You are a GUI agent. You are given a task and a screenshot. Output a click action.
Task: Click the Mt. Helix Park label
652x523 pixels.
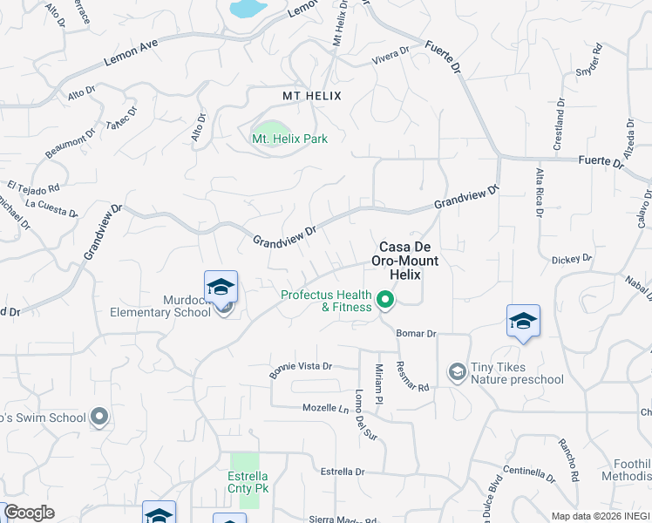[x=283, y=139]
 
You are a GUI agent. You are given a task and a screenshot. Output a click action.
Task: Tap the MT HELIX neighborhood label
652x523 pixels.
[x=311, y=95]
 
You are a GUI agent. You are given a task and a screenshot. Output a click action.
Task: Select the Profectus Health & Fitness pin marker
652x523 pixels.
[x=384, y=302]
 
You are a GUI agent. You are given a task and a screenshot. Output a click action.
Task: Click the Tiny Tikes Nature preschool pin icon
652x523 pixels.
[x=457, y=373]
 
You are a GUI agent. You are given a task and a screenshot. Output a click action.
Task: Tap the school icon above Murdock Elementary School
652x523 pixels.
[x=221, y=286]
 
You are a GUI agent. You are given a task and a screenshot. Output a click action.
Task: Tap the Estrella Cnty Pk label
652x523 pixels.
[x=248, y=482]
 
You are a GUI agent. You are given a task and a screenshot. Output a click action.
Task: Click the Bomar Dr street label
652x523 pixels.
[x=416, y=334]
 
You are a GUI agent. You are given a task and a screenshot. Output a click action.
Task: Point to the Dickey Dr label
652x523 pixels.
[x=572, y=259]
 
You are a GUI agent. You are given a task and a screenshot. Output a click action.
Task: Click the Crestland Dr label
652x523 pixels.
[x=560, y=125]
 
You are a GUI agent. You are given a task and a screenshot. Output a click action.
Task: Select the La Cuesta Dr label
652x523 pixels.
[x=52, y=207]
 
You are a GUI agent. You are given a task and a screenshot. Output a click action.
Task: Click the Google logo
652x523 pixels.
[x=28, y=512]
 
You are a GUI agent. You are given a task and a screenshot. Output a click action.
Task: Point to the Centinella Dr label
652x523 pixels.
[x=529, y=474]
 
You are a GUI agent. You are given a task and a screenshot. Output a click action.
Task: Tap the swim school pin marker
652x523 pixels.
[x=100, y=417]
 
